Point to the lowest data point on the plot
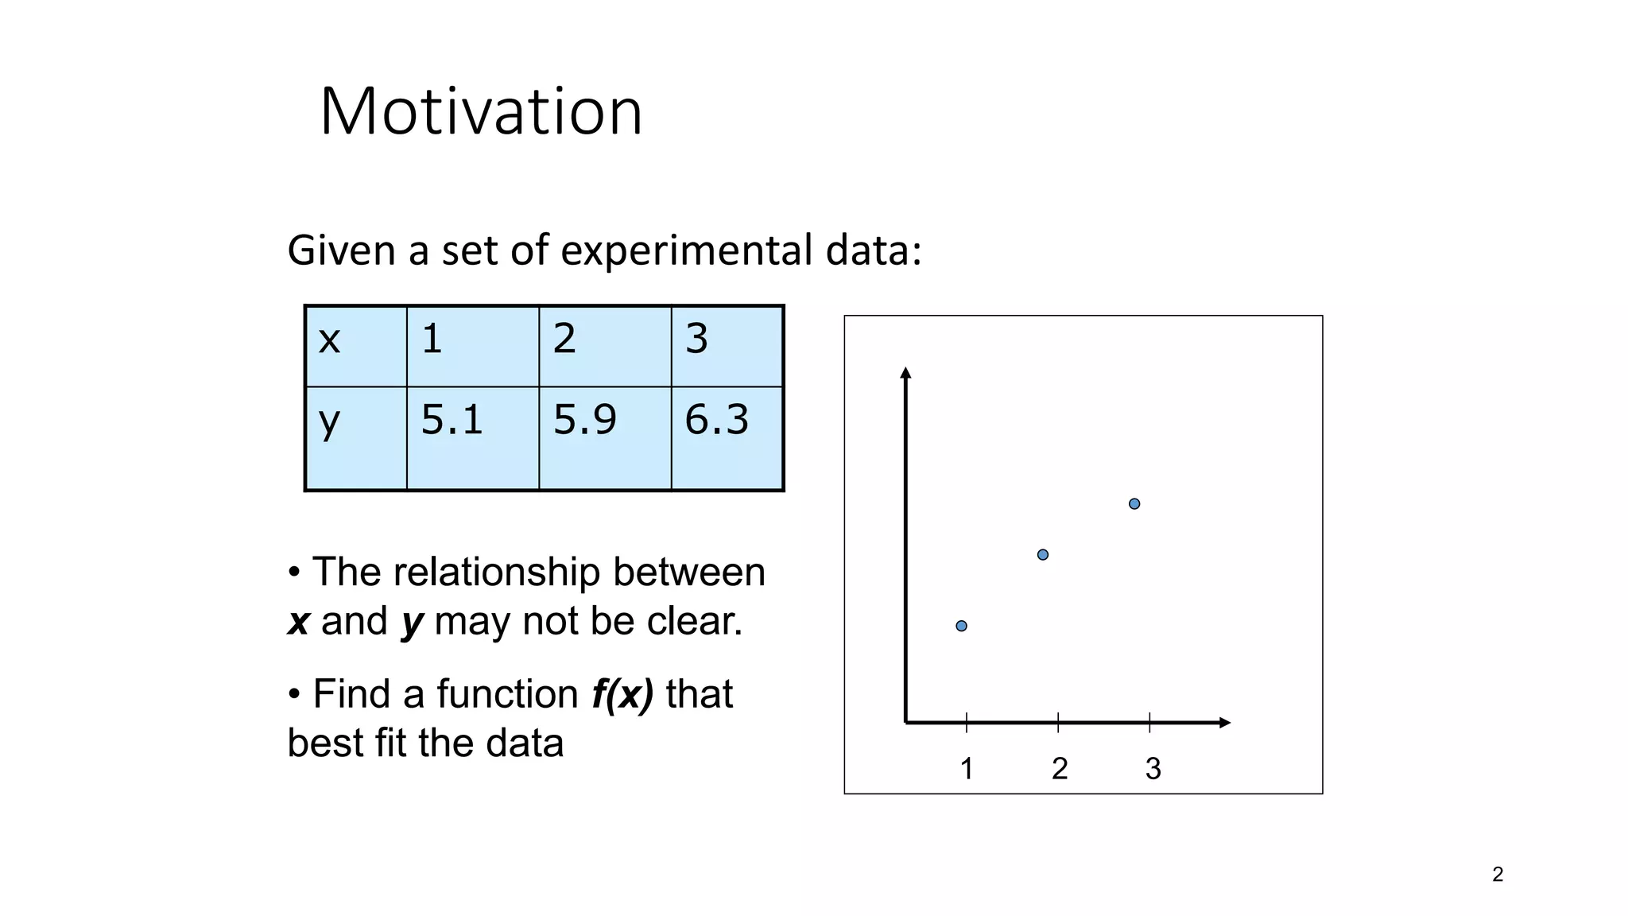point(961,626)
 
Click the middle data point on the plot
point(1043,554)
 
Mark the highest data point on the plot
point(1134,503)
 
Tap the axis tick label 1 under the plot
point(967,769)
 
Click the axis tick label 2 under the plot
point(1060,769)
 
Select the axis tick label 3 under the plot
point(1153,769)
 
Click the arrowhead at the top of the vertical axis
point(905,373)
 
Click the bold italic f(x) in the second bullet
point(622,694)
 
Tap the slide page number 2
point(1498,875)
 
